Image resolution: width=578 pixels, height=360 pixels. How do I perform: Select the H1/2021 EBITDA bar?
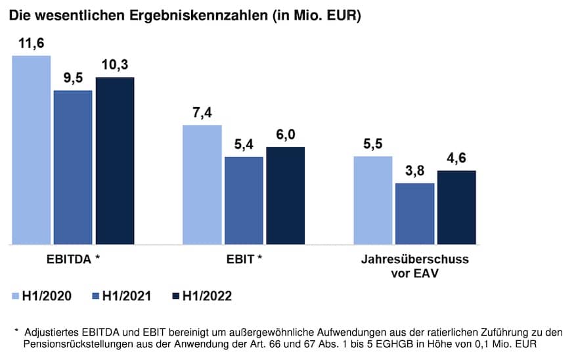click(73, 168)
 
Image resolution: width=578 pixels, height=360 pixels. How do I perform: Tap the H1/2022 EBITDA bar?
click(115, 161)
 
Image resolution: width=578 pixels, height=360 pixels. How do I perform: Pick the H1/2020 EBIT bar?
click(202, 185)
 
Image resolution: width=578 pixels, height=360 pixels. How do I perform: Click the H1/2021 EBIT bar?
click(244, 200)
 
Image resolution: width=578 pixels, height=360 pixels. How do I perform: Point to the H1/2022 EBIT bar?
click(286, 196)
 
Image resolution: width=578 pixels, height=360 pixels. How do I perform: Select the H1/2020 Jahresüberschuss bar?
click(373, 200)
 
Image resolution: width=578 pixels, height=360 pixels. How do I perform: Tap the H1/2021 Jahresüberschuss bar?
click(414, 214)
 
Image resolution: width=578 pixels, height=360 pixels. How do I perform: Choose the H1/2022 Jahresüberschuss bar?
click(456, 208)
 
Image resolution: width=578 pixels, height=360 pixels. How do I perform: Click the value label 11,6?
click(32, 44)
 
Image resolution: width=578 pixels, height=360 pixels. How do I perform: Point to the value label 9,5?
click(73, 79)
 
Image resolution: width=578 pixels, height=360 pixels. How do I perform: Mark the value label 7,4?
click(202, 113)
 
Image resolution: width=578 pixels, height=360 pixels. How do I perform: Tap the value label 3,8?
click(415, 171)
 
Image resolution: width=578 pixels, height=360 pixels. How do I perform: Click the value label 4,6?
click(456, 159)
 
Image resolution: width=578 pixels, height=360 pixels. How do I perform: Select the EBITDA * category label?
click(73, 259)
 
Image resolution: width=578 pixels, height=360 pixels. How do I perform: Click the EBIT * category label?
click(244, 259)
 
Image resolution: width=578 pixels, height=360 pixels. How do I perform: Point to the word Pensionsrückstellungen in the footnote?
click(77, 344)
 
